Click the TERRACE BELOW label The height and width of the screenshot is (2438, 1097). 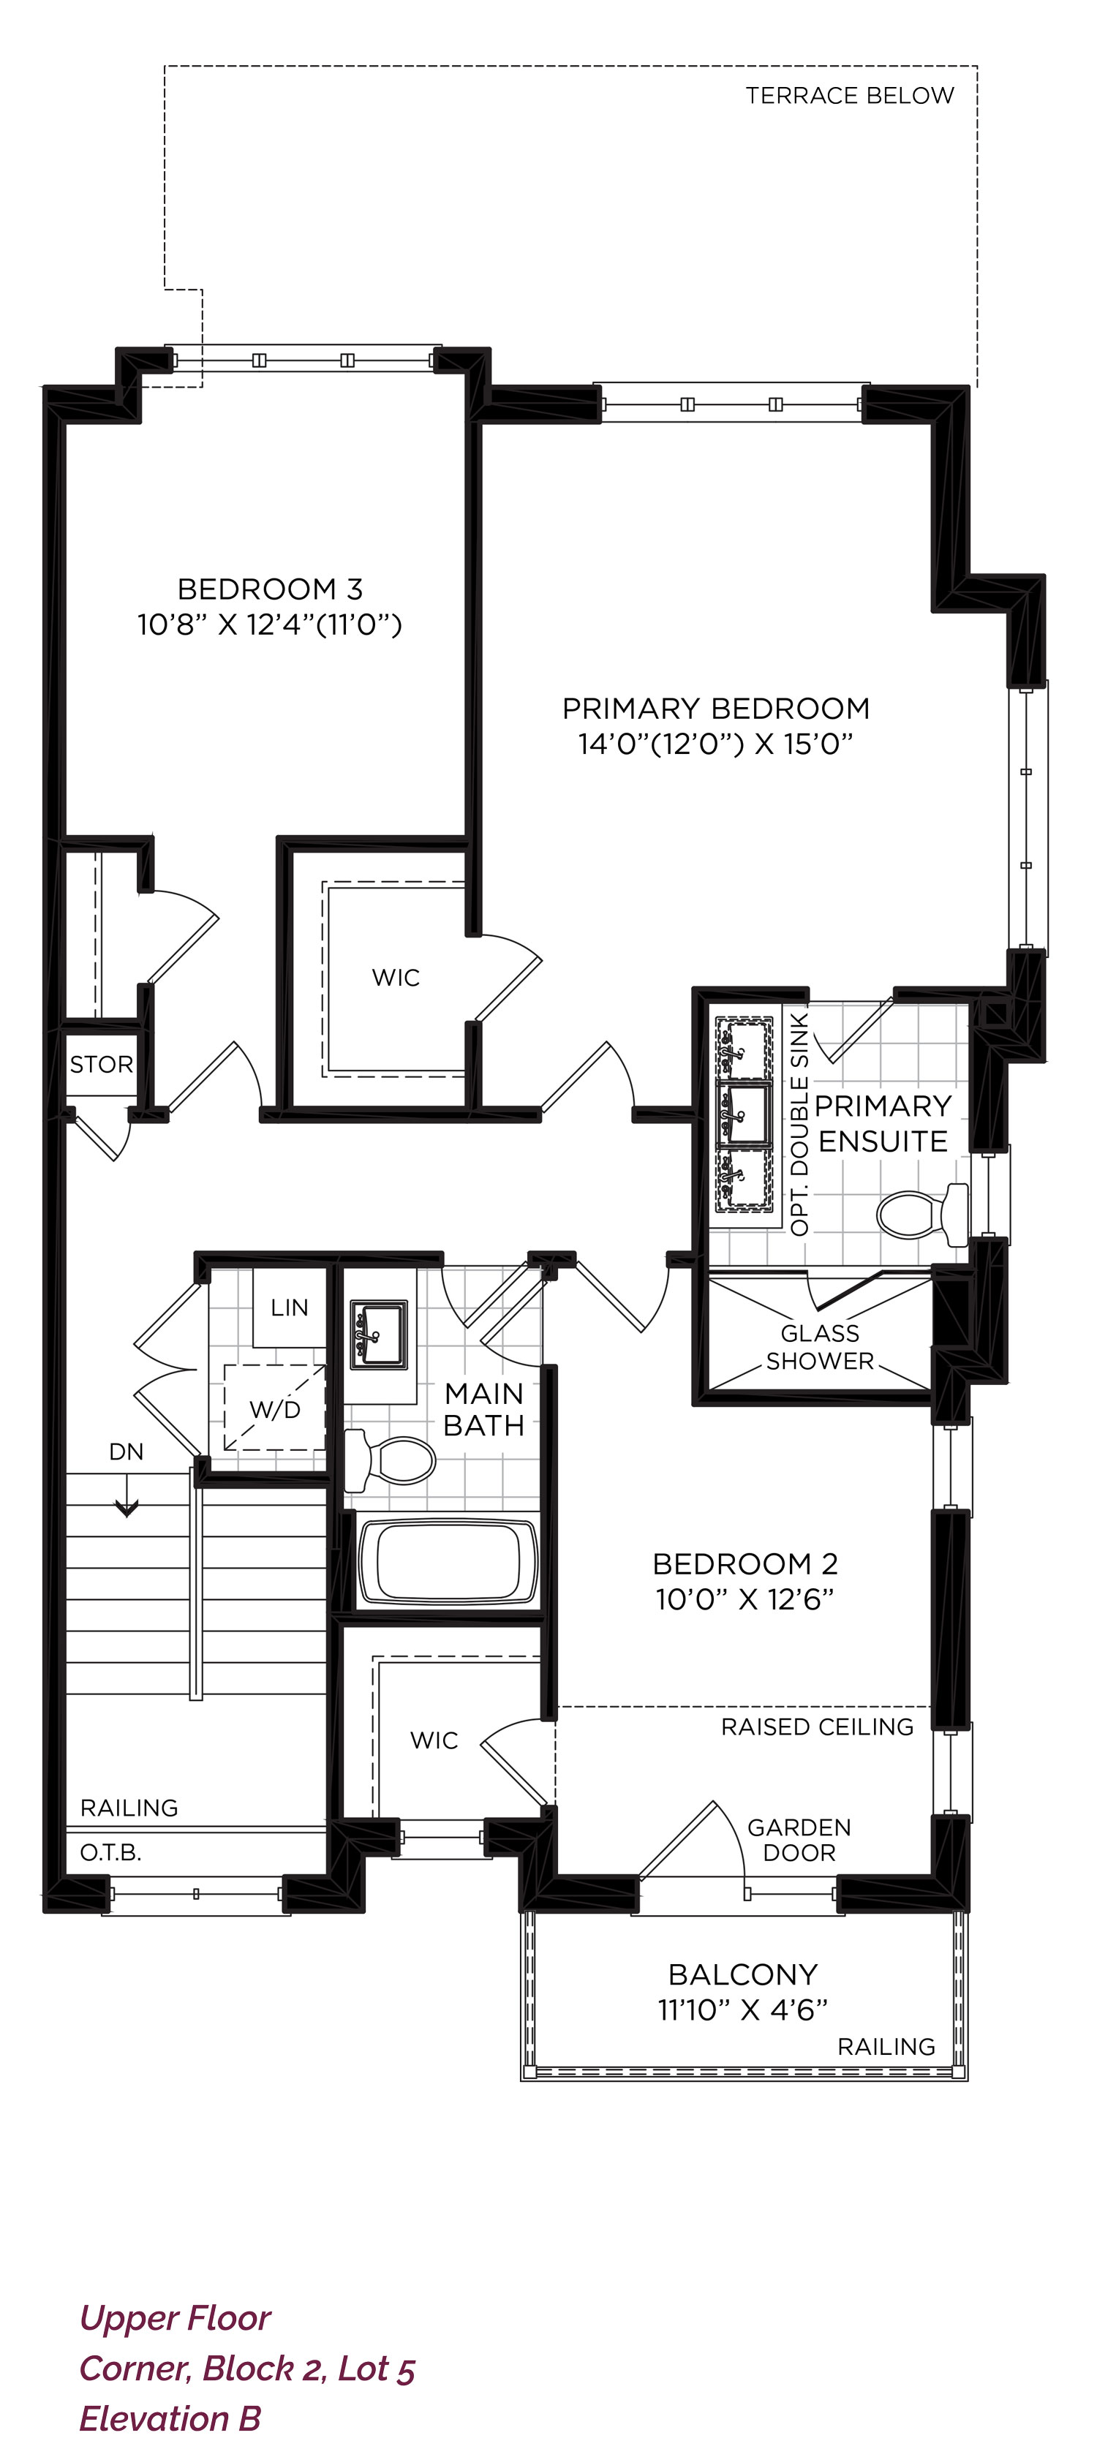(x=849, y=96)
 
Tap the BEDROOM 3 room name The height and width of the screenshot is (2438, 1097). (x=270, y=589)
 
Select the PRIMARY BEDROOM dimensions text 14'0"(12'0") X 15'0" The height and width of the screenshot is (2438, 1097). (x=715, y=744)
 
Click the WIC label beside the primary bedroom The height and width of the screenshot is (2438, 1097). (x=396, y=978)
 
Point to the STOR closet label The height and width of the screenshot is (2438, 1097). (x=101, y=1065)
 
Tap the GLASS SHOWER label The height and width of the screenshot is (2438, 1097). (x=820, y=1347)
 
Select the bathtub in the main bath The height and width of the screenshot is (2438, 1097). (x=448, y=1560)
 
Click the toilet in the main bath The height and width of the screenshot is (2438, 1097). (x=389, y=1460)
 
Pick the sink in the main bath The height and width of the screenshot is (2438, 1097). (x=379, y=1335)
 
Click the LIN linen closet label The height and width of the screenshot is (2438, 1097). (x=290, y=1308)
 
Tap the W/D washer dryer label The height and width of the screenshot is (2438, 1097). (x=274, y=1410)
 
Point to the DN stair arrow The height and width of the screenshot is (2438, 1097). (x=126, y=1496)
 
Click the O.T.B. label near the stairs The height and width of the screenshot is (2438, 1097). (x=110, y=1853)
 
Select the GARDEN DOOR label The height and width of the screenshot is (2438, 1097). (x=799, y=1841)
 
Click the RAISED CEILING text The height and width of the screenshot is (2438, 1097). (x=817, y=1727)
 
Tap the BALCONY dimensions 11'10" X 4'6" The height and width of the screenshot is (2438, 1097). (x=743, y=2010)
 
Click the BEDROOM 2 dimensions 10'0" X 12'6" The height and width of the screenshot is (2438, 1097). (x=745, y=1599)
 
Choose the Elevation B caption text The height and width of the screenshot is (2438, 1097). (x=170, y=2418)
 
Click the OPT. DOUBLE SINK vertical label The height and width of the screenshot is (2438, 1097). (x=800, y=1125)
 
